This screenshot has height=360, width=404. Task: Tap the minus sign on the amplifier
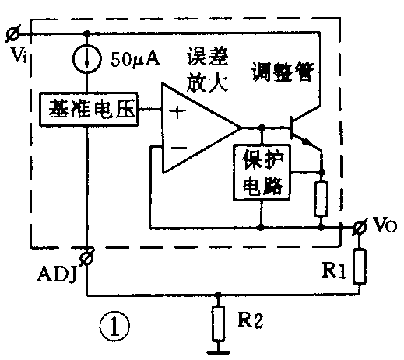(x=177, y=145)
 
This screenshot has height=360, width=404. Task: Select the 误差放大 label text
(x=208, y=71)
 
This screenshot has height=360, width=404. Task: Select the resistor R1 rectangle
(x=359, y=266)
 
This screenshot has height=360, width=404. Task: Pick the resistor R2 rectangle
(x=219, y=322)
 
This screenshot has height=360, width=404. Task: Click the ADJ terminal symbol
(x=87, y=255)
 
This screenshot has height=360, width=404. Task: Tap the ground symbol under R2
(x=219, y=350)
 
